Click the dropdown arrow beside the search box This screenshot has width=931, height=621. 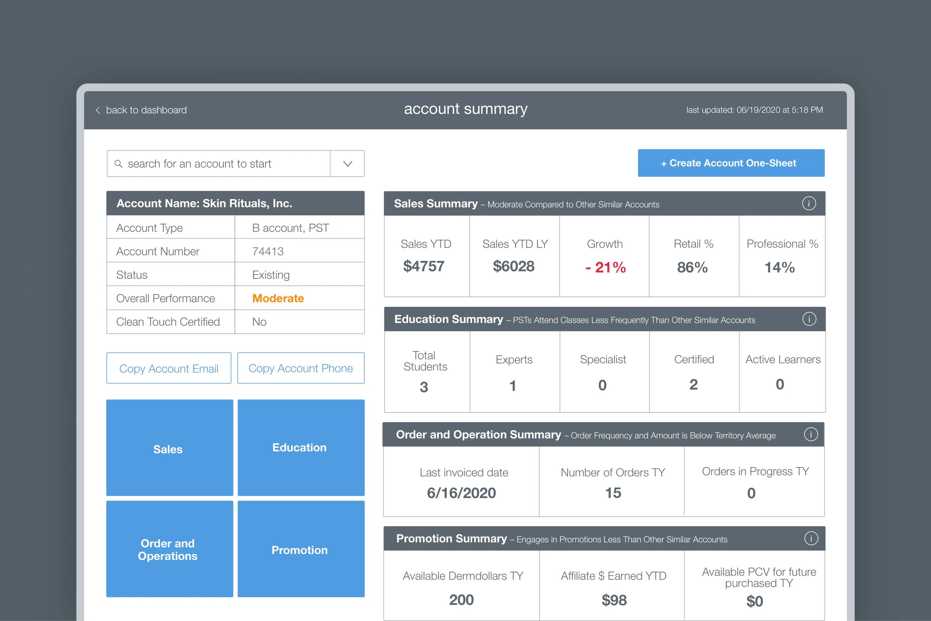[347, 164]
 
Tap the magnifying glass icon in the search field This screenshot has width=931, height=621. [118, 164]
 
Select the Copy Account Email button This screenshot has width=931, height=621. [169, 368]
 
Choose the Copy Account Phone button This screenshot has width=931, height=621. [301, 368]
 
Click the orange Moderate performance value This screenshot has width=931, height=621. [278, 298]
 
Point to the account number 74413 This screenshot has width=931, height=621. [268, 251]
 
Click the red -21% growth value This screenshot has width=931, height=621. [605, 267]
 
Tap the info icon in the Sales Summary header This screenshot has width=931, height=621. [809, 203]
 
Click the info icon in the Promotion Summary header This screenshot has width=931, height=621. [811, 539]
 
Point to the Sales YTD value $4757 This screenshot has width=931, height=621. [423, 266]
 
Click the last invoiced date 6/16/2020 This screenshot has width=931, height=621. [461, 493]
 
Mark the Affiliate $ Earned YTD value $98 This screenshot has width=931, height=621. [614, 600]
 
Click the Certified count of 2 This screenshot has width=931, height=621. [693, 384]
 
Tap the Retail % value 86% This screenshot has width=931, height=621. [692, 267]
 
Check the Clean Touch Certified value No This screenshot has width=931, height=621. [259, 322]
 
